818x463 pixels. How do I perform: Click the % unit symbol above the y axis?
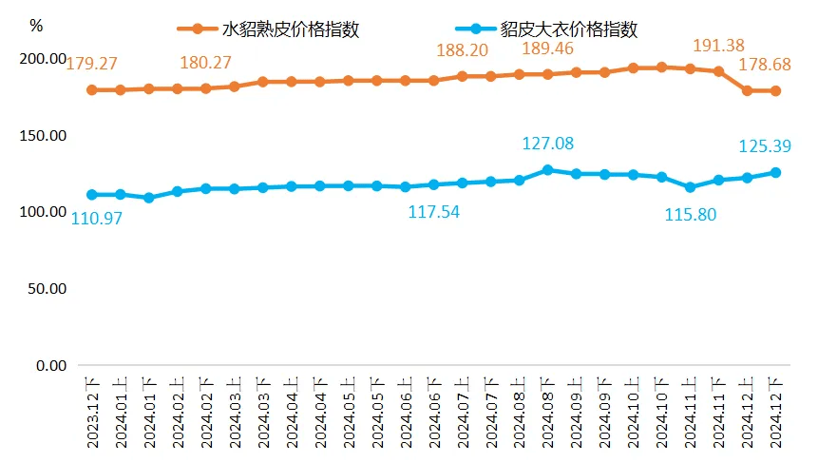point(37,26)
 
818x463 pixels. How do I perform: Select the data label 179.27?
point(91,65)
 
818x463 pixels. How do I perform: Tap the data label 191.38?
point(717,45)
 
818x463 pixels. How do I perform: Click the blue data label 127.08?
point(548,145)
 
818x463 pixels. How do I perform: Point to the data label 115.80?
point(691,215)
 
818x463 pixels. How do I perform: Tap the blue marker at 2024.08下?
point(547,170)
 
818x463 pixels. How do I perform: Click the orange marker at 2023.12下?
point(92,90)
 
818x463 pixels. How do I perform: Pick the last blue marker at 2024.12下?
point(775,172)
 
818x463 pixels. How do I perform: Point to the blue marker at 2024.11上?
point(690,187)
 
